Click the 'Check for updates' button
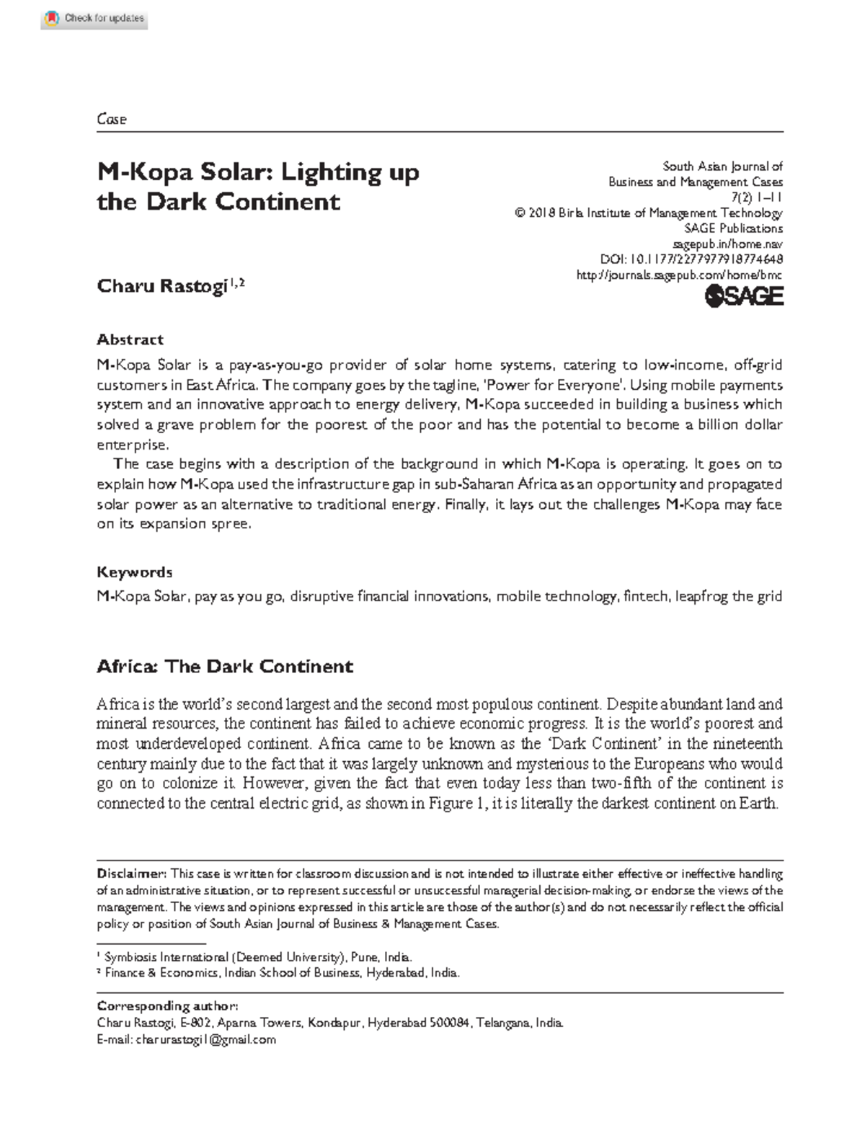tap(95, 18)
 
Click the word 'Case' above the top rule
tap(112, 120)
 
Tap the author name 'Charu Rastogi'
tap(162, 286)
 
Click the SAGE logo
tap(743, 296)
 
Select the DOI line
tap(691, 259)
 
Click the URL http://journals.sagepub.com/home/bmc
tap(679, 275)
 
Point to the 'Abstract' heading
tap(130, 339)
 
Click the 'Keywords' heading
tap(135, 572)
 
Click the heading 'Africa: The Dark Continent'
tap(225, 666)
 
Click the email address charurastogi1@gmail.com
tap(205, 1039)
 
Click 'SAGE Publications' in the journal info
tap(732, 228)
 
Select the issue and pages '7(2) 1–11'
tap(756, 197)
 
